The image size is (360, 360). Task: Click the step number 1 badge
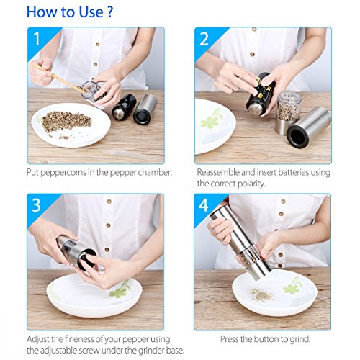pos(37,39)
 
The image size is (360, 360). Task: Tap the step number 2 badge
pos(204,39)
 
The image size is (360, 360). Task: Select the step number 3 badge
pos(36,205)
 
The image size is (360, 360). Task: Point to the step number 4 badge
pos(204,205)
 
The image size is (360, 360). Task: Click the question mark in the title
pos(109,12)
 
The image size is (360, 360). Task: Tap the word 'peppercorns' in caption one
pos(63,173)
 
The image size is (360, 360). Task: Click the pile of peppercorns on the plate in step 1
pos(66,122)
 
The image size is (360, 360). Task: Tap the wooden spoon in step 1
pos(60,78)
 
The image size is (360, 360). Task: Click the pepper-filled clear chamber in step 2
pos(289,106)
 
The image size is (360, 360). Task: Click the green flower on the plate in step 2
pos(212,118)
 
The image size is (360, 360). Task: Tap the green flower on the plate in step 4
pos(292,286)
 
